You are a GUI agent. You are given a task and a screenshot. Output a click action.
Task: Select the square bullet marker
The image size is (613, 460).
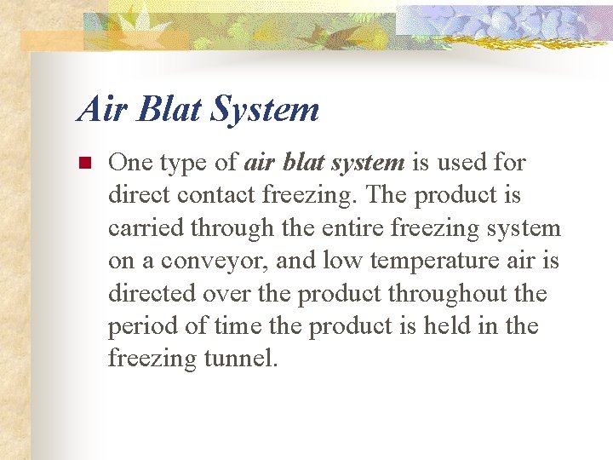click(x=83, y=162)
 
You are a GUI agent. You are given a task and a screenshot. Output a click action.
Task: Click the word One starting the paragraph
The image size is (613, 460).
click(x=129, y=162)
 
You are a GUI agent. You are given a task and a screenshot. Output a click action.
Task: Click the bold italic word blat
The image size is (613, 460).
click(x=303, y=162)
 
